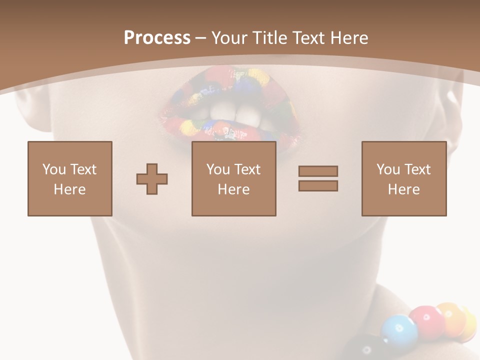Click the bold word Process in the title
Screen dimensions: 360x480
[157, 38]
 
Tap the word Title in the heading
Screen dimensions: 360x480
[269, 38]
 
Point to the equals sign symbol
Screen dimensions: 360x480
[318, 178]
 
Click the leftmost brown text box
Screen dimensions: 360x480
[70, 178]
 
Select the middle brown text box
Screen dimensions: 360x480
[233, 178]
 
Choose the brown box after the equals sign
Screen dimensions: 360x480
[403, 178]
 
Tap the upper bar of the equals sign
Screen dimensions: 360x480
[318, 171]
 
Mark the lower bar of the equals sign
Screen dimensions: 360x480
[318, 185]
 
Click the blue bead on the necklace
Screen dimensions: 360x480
[399, 330]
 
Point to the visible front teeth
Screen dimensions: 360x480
[232, 110]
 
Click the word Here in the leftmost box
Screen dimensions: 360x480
[70, 189]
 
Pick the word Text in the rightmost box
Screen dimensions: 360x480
[418, 169]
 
